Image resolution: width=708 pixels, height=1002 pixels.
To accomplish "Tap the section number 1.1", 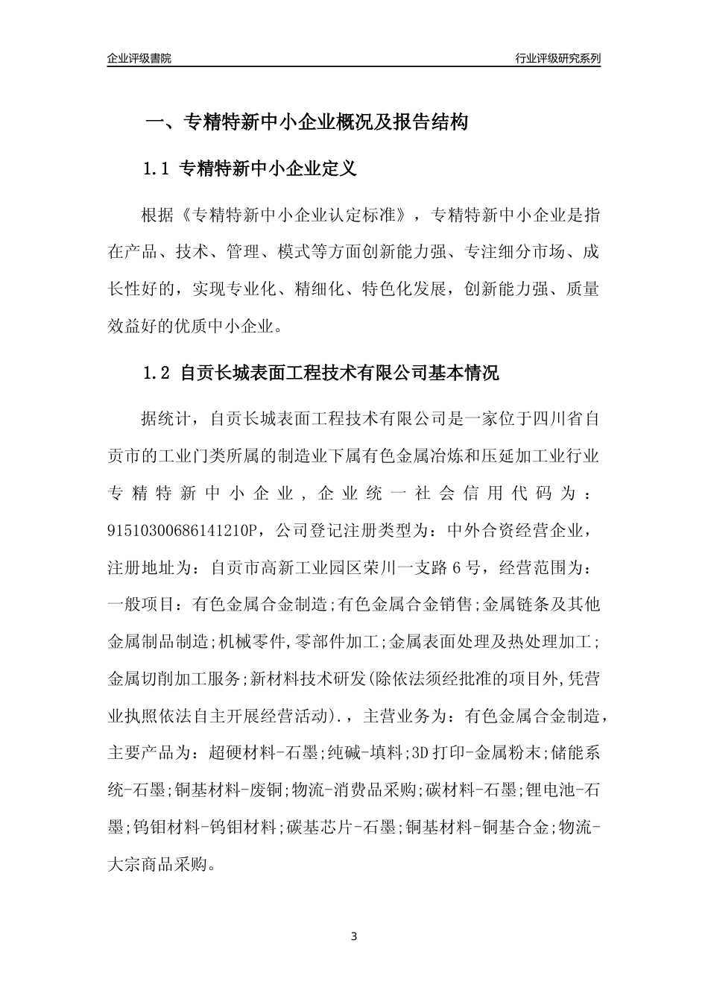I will (x=157, y=169).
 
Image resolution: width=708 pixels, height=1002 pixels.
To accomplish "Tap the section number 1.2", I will (x=157, y=373).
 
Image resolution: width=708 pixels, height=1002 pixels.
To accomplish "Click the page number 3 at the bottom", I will (x=354, y=936).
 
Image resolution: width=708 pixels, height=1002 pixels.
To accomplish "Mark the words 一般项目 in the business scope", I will (x=142, y=604).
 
